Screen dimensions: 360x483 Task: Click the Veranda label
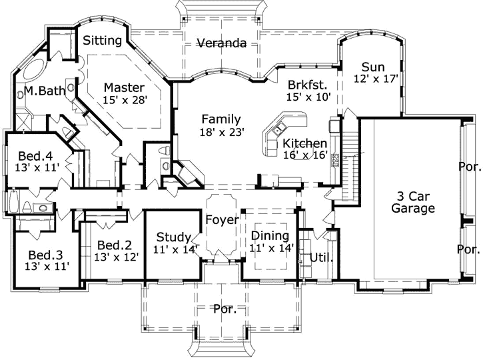(x=222, y=44)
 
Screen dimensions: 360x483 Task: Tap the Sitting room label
(x=102, y=41)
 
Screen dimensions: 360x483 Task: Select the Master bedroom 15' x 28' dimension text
(x=125, y=99)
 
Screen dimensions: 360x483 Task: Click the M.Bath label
(x=44, y=91)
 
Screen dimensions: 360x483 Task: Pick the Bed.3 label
(x=45, y=255)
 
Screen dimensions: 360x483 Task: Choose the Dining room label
(x=270, y=235)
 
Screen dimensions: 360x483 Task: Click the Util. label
(x=321, y=257)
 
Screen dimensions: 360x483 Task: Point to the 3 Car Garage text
(x=413, y=202)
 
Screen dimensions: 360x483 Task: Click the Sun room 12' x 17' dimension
(x=376, y=79)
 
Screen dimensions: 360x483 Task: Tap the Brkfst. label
(x=306, y=85)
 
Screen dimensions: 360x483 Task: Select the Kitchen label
(x=304, y=143)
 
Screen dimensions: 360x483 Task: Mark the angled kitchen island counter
(x=280, y=133)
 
